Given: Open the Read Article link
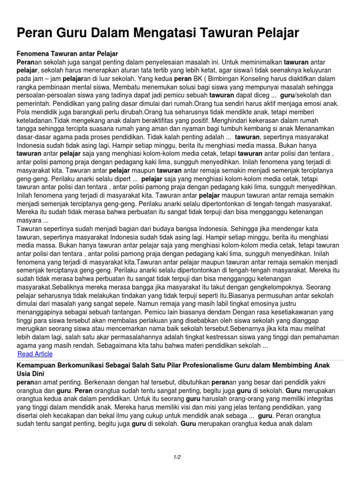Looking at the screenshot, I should click(x=35, y=354).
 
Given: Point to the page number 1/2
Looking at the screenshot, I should click(x=177, y=457).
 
